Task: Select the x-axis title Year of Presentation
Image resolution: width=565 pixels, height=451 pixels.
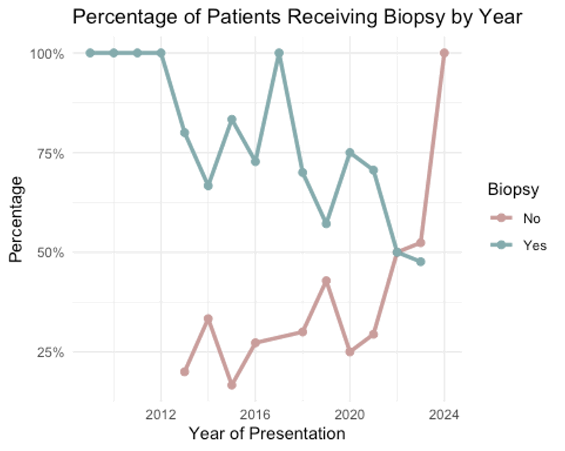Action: (266, 434)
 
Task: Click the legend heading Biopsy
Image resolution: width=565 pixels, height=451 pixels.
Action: (513, 190)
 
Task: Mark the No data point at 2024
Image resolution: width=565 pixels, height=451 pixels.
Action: (444, 53)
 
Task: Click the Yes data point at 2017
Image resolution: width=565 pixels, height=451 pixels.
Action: (279, 53)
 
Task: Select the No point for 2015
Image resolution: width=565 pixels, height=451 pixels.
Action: (232, 385)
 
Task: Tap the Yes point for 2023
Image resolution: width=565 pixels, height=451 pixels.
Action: (420, 262)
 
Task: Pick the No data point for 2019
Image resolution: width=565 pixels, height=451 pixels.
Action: (326, 281)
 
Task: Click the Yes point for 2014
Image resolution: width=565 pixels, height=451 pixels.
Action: (208, 185)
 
